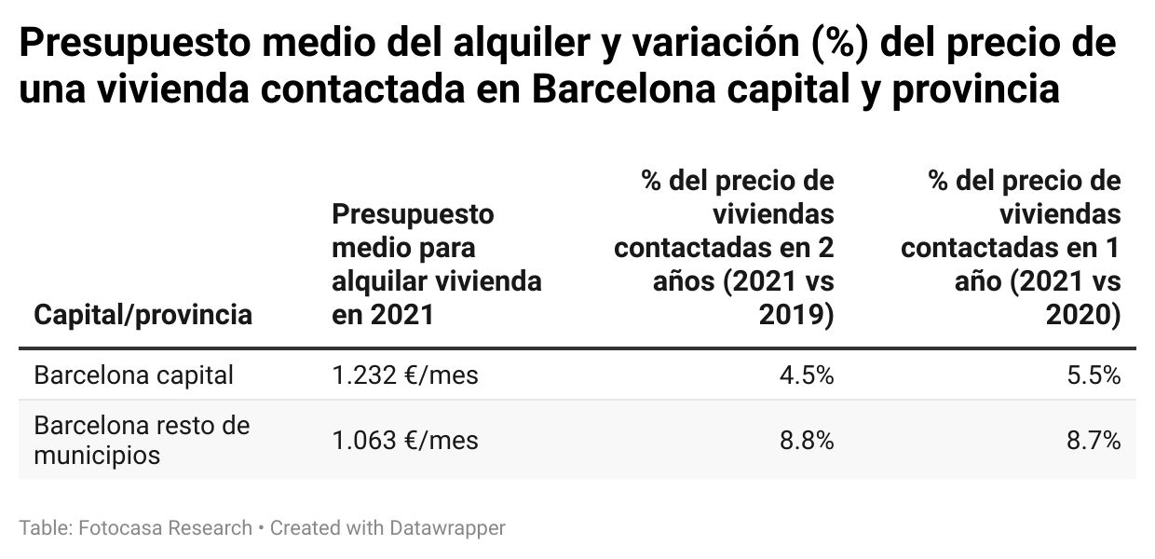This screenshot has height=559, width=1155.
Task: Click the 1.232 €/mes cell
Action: [x=404, y=375]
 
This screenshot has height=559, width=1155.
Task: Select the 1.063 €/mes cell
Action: [x=404, y=440]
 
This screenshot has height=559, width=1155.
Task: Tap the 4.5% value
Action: [x=807, y=375]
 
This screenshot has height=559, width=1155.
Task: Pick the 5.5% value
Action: [x=1094, y=375]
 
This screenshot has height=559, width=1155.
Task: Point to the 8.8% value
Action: [x=807, y=440]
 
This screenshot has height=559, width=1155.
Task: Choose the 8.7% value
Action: [x=1094, y=440]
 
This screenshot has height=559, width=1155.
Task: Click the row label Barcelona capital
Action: [x=133, y=375]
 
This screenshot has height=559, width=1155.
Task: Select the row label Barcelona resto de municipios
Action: [x=142, y=440]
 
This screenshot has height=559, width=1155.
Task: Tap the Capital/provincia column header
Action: [x=143, y=315]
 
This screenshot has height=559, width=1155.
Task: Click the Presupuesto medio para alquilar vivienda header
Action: [x=436, y=265]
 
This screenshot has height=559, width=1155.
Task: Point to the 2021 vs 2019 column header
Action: [x=724, y=247]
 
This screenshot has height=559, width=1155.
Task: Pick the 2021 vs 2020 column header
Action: [x=1011, y=247]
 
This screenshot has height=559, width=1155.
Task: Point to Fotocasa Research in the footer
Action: [x=166, y=528]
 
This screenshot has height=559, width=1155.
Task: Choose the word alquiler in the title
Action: [x=501, y=45]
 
